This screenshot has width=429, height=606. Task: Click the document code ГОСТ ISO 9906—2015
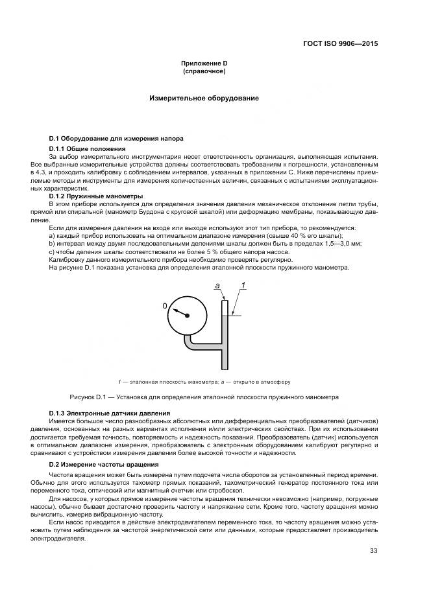[340, 44]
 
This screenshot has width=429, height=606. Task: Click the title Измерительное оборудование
[204, 99]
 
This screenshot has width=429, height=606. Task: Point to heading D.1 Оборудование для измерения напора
[116, 139]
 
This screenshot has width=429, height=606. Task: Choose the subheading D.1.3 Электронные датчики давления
[109, 413]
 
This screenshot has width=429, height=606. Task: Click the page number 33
[373, 551]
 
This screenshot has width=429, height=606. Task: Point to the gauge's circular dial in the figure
[187, 315]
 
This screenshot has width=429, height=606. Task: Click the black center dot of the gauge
[187, 316]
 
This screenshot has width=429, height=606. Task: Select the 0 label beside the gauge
[165, 305]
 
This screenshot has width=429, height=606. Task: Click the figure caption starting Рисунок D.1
[204, 396]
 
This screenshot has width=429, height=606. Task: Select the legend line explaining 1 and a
[204, 382]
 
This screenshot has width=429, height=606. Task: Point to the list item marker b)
[52, 244]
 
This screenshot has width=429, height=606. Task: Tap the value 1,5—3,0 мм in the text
[341, 244]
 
